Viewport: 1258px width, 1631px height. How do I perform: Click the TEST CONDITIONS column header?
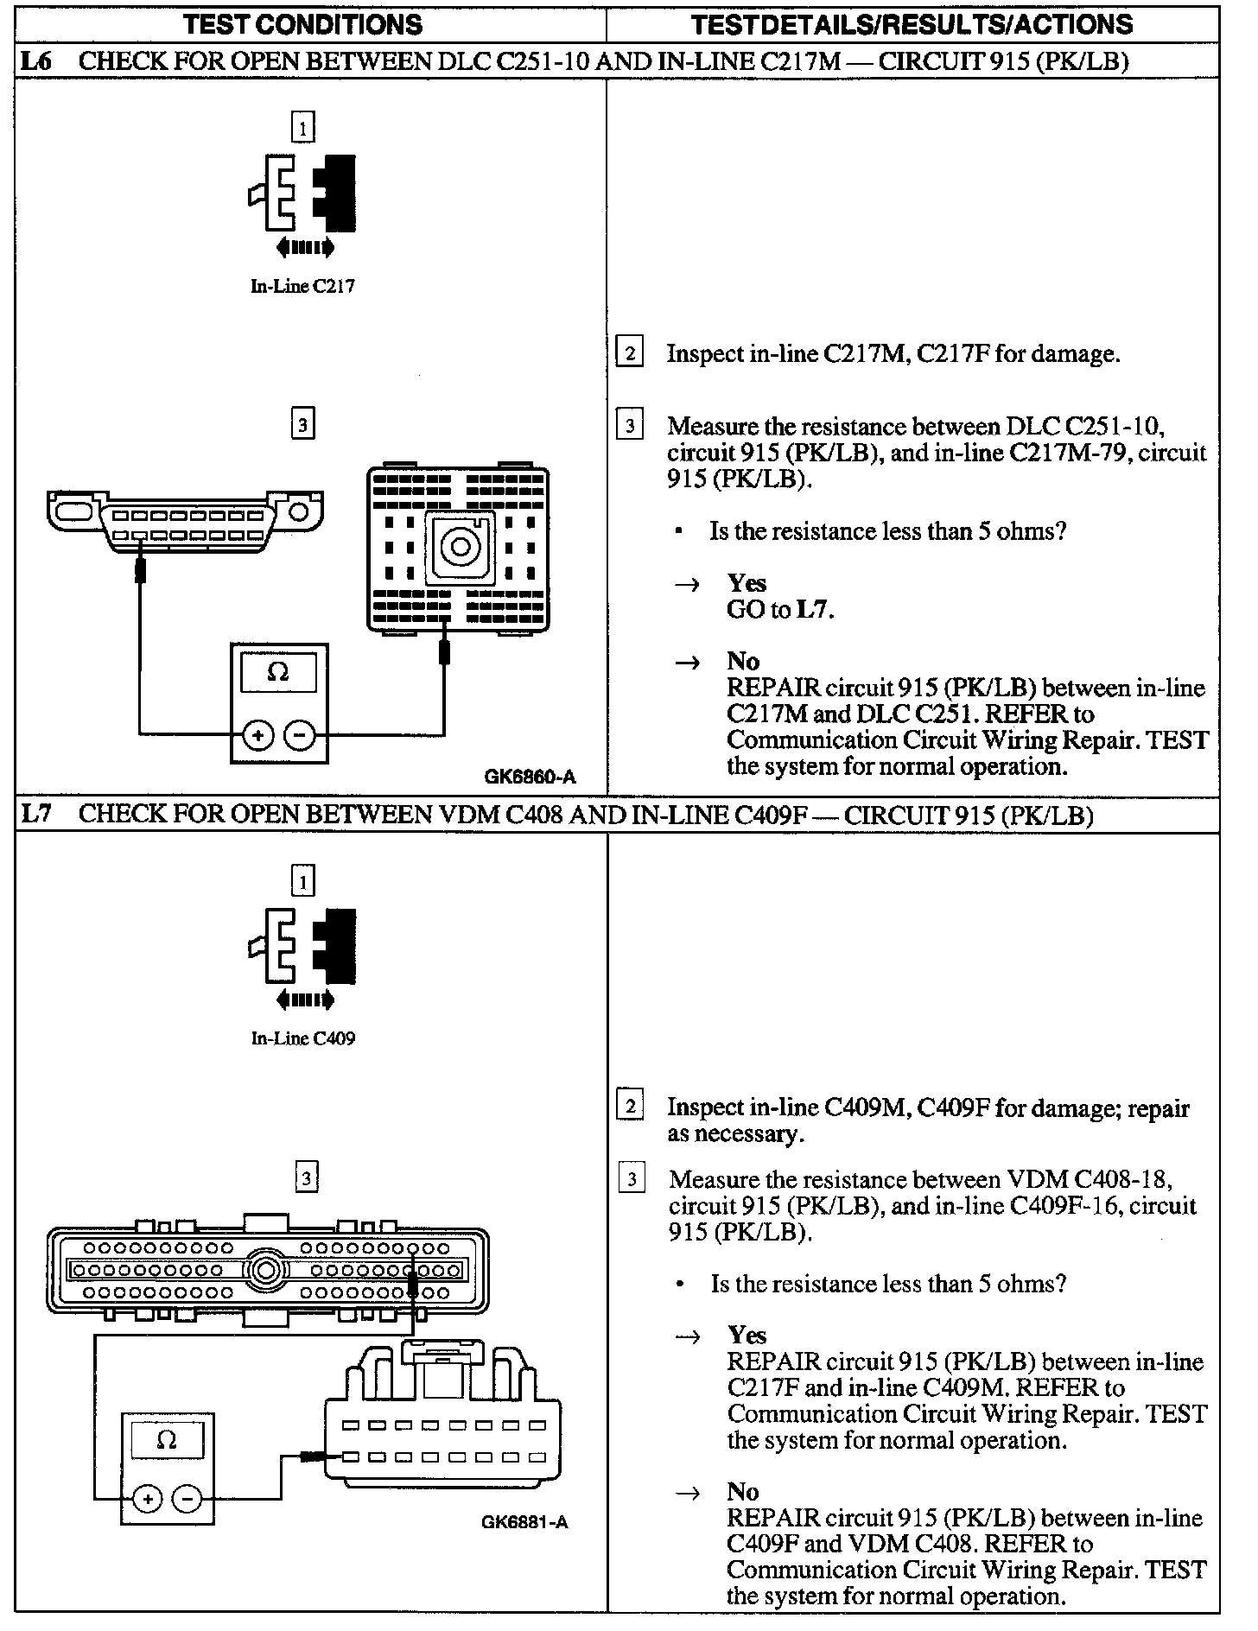point(303,23)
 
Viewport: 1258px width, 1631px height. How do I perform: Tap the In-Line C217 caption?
point(302,286)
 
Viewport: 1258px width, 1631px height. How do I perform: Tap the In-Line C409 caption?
point(302,1038)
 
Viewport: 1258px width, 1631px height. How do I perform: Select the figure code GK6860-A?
point(530,776)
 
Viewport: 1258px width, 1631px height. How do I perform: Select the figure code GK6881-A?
point(524,1522)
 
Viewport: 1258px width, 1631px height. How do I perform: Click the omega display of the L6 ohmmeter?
point(278,672)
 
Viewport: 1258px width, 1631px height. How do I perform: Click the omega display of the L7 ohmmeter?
point(168,1439)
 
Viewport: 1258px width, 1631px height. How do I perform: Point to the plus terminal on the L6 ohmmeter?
point(257,735)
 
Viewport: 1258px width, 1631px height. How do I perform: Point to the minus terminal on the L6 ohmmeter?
point(300,735)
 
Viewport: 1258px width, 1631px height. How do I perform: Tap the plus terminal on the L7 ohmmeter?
point(148,1499)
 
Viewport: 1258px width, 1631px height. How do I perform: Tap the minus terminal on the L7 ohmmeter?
point(187,1499)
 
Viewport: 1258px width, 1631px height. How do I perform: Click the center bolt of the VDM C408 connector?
point(264,1270)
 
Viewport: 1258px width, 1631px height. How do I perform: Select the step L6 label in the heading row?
point(35,61)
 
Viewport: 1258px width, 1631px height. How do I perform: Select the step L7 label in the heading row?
point(35,815)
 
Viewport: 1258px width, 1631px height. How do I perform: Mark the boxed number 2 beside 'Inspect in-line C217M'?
point(629,353)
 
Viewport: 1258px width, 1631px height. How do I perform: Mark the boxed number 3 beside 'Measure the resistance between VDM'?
point(632,1179)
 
